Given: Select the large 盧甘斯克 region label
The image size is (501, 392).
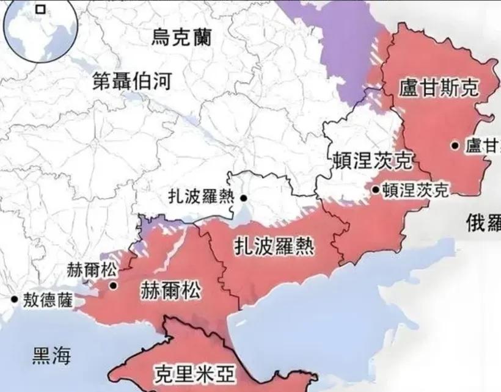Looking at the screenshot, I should pyautogui.click(x=438, y=87).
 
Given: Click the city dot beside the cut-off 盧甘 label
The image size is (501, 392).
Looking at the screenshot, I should pyautogui.click(x=455, y=145).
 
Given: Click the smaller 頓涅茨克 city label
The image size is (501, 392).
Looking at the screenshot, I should pyautogui.click(x=415, y=190).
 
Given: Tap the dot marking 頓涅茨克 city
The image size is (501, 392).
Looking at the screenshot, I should pyautogui.click(x=375, y=190).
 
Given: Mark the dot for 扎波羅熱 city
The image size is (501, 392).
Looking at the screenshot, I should pyautogui.click(x=243, y=198).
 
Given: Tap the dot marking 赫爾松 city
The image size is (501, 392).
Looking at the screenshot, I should pyautogui.click(x=113, y=285).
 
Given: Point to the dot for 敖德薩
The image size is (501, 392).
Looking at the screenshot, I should pyautogui.click(x=13, y=299).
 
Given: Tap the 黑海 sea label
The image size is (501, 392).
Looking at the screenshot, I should pyautogui.click(x=51, y=355).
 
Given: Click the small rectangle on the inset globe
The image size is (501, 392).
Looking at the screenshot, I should pyautogui.click(x=41, y=9).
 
